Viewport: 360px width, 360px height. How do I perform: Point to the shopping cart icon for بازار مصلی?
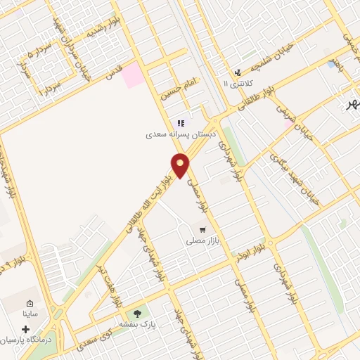203,229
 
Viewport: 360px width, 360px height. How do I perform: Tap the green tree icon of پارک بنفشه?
137,313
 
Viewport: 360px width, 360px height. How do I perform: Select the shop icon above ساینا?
30,303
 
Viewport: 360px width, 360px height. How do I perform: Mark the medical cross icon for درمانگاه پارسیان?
26,329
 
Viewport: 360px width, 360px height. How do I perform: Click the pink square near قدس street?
132,78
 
